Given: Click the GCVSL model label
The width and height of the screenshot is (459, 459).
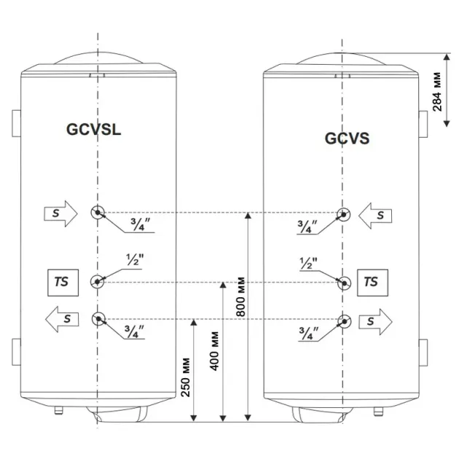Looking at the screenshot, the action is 94,130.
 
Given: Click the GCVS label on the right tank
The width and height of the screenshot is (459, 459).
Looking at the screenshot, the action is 348,138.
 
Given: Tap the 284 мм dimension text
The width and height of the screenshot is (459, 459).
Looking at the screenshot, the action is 436,92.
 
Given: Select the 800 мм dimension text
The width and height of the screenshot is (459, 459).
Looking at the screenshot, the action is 240,297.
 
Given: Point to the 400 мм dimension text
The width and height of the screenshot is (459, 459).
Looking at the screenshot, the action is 215,351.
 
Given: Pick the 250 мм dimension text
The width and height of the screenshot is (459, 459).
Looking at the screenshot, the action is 186,377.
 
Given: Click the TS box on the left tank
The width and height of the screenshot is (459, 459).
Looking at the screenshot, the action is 63,283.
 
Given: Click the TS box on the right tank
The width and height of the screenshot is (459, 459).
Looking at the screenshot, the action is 372,283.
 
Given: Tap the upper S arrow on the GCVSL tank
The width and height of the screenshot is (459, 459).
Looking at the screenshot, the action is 61,213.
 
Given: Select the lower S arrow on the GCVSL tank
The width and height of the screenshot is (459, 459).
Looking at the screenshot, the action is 62,319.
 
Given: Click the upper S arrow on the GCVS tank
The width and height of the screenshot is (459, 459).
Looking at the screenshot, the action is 375,216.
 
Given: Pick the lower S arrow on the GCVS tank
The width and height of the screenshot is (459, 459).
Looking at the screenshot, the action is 375,322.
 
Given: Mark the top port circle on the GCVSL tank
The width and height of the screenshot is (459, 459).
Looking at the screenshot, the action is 98,213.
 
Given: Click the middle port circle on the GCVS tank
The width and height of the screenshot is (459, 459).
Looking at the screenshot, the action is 344,283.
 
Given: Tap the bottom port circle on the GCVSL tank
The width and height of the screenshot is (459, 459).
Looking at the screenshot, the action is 98,319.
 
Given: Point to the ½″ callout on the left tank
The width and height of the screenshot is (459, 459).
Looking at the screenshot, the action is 135,259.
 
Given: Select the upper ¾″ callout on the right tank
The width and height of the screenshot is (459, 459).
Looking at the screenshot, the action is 307,227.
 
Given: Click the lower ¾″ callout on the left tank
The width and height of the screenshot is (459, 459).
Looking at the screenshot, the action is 134,331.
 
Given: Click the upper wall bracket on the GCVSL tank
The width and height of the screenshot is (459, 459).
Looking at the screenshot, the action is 16,124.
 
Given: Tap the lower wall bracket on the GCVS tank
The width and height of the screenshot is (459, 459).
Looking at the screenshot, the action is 423,353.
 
